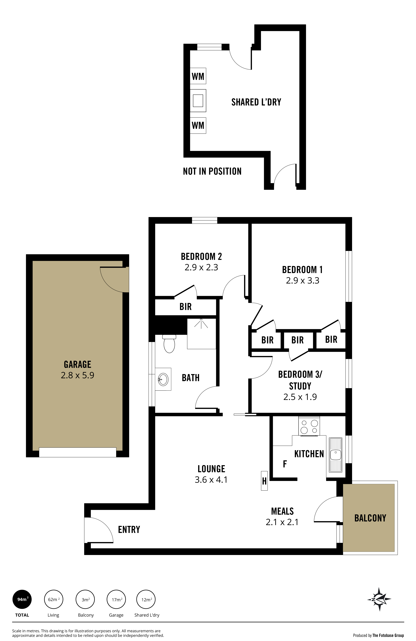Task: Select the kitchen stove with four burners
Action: click(309, 426)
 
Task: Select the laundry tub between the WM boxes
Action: click(198, 101)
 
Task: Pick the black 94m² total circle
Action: click(22, 599)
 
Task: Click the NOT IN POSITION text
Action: click(212, 171)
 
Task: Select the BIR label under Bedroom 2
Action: click(185, 306)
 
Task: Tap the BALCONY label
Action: click(370, 518)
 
